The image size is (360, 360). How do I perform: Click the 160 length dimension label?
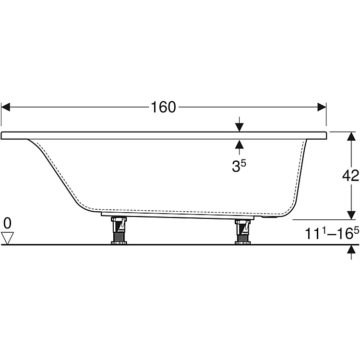coord(163,107)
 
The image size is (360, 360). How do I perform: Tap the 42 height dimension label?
coord(350,176)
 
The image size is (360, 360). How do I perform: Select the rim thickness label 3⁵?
coord(239,166)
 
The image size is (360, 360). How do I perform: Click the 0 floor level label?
coord(7,223)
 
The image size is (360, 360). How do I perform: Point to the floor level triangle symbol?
coord(7,238)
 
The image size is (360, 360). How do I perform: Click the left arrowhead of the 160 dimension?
coord(5,107)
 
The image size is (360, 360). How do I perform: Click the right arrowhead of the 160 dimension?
coord(322,107)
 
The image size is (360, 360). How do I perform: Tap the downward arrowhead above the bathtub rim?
coord(239,127)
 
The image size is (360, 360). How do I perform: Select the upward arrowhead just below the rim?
coord(239,144)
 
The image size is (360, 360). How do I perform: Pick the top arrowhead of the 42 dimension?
coord(351,136)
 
